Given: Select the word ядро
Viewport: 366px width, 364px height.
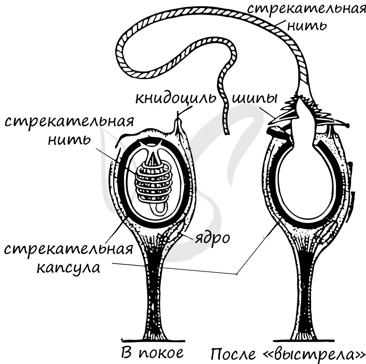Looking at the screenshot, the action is [x=212, y=238].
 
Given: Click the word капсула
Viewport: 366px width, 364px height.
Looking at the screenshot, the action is [x=68, y=268].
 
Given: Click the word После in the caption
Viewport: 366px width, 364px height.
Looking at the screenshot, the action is [x=233, y=354].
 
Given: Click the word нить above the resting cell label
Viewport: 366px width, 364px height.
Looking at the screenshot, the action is [x=69, y=139].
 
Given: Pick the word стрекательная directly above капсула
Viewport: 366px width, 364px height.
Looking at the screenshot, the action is [x=68, y=250].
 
